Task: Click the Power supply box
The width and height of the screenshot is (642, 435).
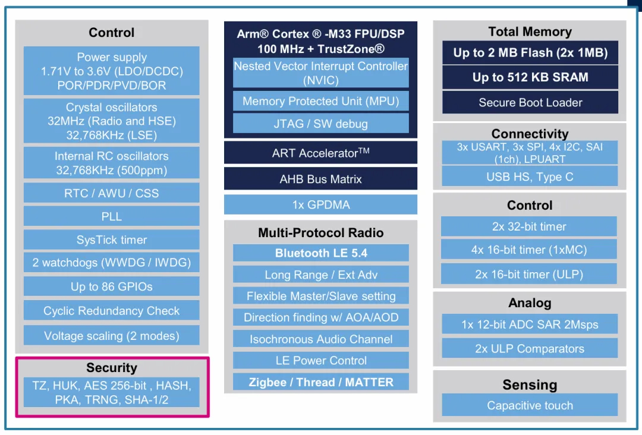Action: coord(111,71)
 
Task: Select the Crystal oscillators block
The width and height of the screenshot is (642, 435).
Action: coord(111,121)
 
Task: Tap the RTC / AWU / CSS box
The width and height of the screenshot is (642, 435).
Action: coord(111,193)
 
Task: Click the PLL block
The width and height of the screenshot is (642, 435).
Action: coord(111,216)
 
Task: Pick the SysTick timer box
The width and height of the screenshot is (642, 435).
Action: coord(111,239)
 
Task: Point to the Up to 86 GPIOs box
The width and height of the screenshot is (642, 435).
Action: coord(111,286)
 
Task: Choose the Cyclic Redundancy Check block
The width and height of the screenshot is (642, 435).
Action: coord(111,311)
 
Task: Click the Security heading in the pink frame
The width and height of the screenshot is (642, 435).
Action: coord(111,367)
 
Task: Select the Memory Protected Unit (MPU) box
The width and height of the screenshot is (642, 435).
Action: coord(320,101)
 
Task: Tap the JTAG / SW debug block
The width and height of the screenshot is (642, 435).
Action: coord(320,123)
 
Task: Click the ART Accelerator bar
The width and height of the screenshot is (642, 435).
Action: coord(320,153)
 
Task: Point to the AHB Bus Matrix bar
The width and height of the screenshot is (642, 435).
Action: coord(320,179)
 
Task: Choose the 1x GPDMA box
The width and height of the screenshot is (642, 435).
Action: coord(320,204)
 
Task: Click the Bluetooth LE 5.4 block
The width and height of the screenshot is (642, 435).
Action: coord(320,253)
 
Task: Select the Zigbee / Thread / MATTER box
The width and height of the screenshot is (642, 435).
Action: coord(320,382)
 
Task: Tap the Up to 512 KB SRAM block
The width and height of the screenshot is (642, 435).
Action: coord(530,77)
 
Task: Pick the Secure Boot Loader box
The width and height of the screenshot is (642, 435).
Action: coord(530,102)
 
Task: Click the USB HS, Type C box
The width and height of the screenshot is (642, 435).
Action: coord(530,176)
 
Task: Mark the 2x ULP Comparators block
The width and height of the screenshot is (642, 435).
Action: coord(530,348)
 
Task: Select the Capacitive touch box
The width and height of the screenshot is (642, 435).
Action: coord(530,405)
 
